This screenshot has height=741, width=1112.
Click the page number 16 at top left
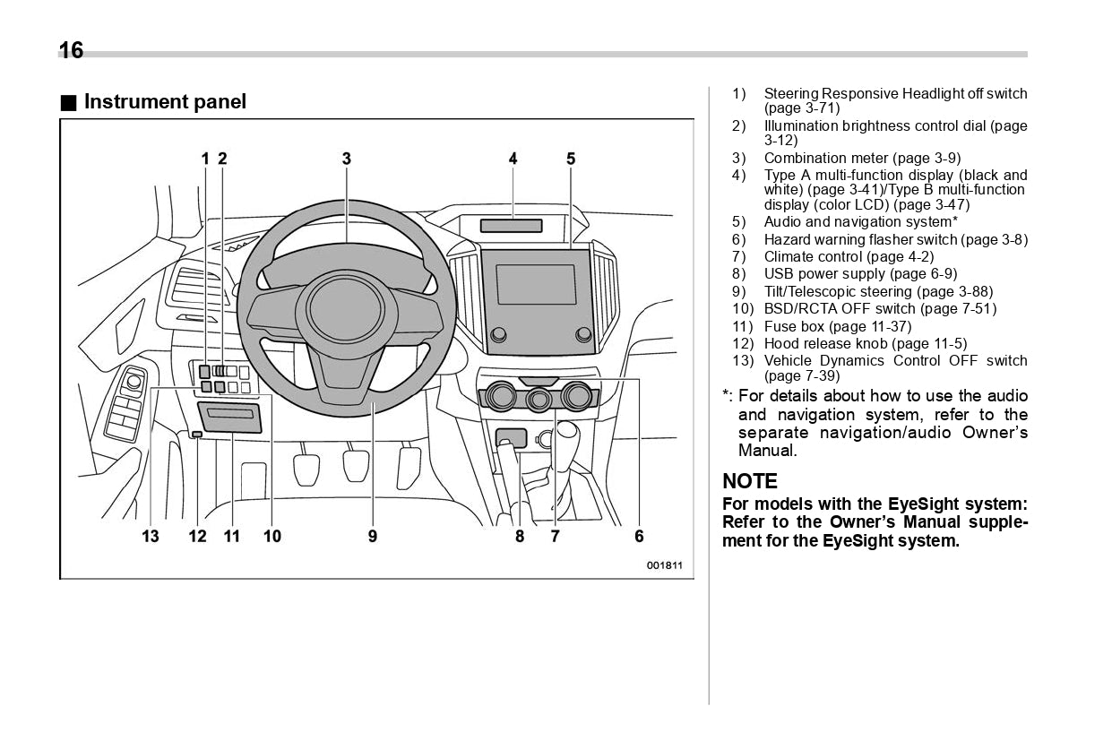pos(71,50)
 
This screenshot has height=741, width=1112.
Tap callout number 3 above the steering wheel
pos(346,159)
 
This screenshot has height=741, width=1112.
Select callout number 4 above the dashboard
pos(513,159)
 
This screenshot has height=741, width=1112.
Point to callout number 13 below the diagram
pos(150,537)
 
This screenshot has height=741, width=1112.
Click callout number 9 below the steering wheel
pos(372,537)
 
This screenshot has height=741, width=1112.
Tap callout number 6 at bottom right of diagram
pos(639,537)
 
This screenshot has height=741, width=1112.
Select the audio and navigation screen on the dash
pos(536,284)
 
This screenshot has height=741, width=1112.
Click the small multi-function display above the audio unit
pos(511,225)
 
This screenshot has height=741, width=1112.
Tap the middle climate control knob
pos(538,399)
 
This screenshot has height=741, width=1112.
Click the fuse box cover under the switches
pos(230,417)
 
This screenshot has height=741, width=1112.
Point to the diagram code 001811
pos(665,565)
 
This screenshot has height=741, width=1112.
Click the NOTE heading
pos(750,481)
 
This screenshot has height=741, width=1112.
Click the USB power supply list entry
pos(859,274)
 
